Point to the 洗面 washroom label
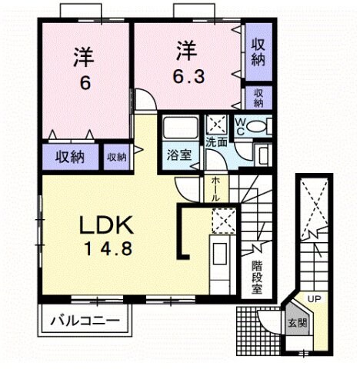coord(215,143)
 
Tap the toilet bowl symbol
coord(258,125)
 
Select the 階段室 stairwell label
coord(257,278)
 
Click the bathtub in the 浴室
coord(182,129)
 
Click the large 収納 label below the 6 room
coord(71,158)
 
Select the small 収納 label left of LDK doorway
coord(116,157)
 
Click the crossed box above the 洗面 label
coord(215,124)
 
